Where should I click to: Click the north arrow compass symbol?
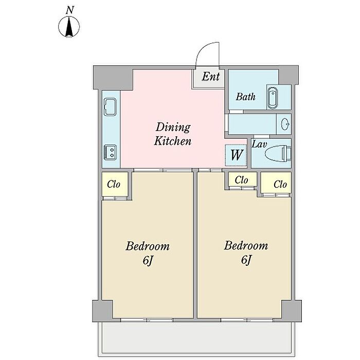coord(69,26)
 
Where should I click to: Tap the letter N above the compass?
coord(70,10)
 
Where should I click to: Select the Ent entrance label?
coord(211,77)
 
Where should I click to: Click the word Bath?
coord(245,97)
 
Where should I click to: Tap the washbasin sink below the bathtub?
coord(285,124)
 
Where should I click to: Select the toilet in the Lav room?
coord(278,153)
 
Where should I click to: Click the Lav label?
coord(259,145)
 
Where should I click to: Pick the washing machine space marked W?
coord(236,155)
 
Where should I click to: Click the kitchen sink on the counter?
coord(110,107)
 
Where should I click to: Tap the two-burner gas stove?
coord(111,152)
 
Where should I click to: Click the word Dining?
coord(173,128)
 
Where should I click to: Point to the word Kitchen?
coord(173,141)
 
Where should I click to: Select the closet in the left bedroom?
coord(115,184)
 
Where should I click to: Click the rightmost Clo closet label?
coord(280,184)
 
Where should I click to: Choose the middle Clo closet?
coord(242,179)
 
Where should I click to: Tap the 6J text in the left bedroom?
coord(148,261)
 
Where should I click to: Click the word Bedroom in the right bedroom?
coord(246,246)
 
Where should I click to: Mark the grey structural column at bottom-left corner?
coord(102,311)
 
